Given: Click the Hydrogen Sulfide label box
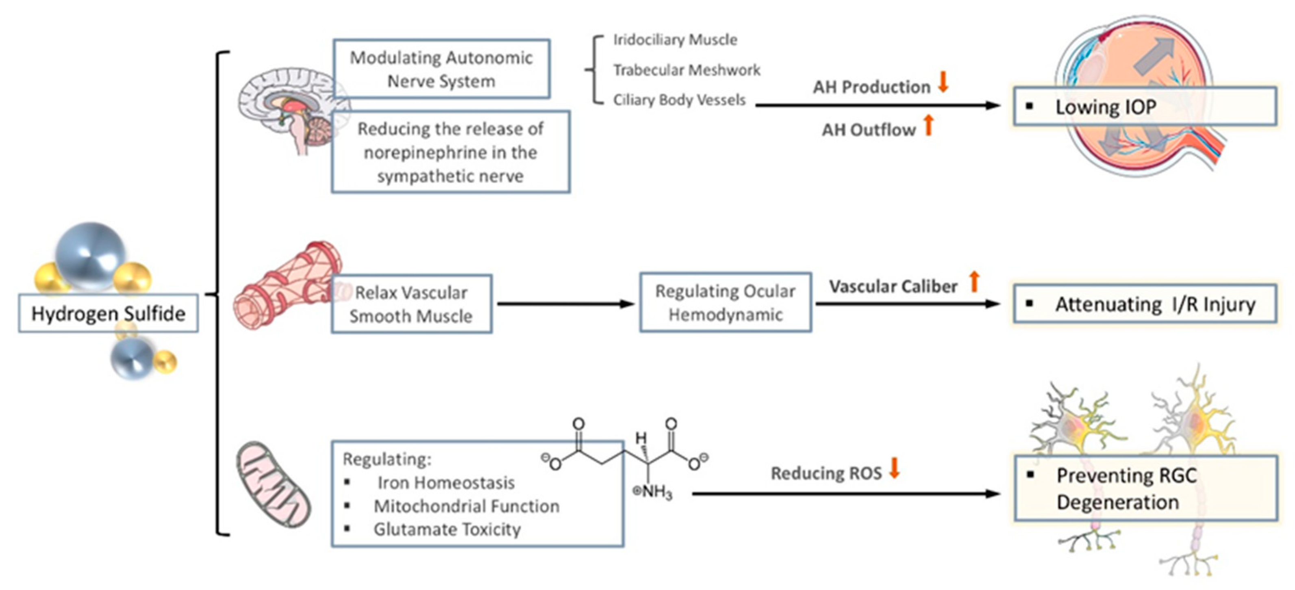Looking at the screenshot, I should click(x=108, y=314).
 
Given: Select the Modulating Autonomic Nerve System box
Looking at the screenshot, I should click(x=441, y=69).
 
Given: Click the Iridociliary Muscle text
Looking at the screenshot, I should click(x=675, y=40).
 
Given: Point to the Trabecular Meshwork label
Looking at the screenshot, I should click(x=686, y=70).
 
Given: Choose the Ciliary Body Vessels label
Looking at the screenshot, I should click(x=679, y=100).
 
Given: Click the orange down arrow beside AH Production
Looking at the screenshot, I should click(x=943, y=82).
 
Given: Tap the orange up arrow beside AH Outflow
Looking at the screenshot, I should click(x=928, y=125).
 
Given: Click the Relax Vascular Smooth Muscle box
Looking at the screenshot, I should click(x=411, y=304).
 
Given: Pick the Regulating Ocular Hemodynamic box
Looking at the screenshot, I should click(x=725, y=303).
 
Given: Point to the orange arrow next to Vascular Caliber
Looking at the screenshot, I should click(x=974, y=282).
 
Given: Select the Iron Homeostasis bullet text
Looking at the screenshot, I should click(x=446, y=482).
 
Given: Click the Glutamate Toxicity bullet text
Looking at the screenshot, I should click(x=447, y=529).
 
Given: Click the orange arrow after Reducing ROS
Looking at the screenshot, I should click(x=894, y=468).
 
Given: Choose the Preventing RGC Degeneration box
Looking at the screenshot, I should click(x=1145, y=488).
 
